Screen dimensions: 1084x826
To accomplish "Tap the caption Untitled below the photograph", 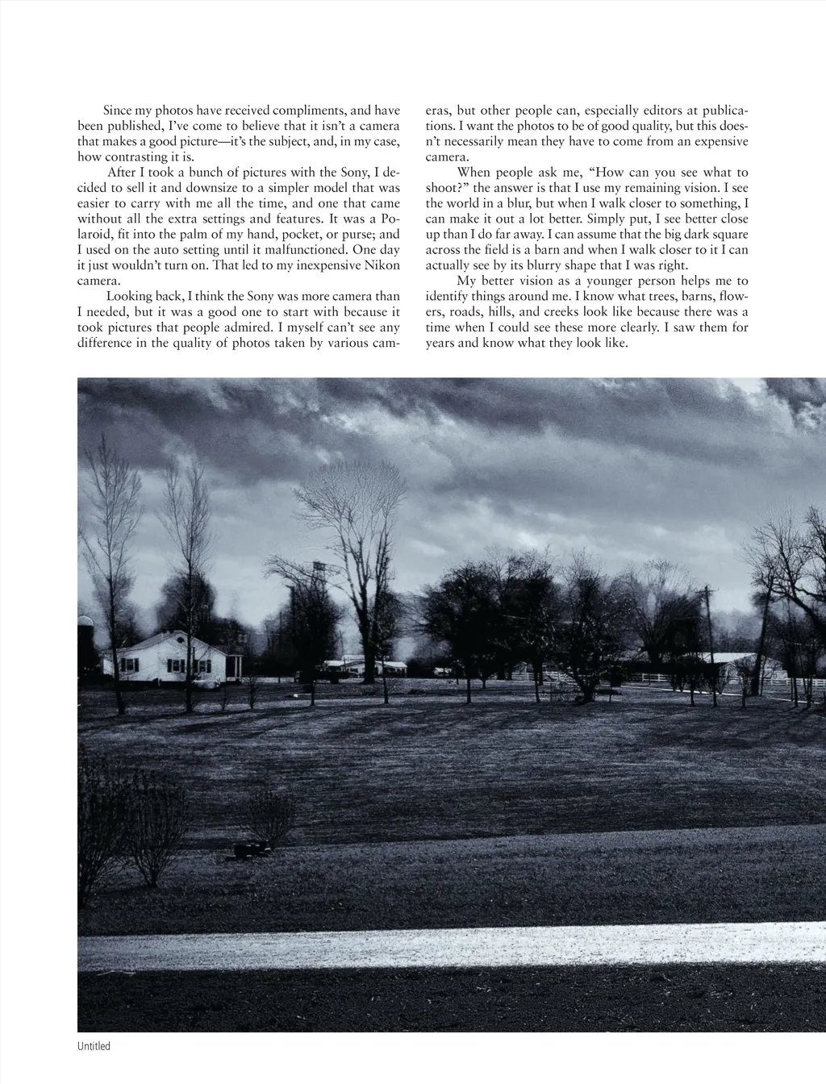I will pos(94,1046).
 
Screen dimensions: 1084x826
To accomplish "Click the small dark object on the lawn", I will pos(249,849).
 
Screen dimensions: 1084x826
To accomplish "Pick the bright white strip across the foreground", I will pos(452,944).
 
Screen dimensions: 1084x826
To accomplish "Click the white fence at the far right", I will pos(807,682).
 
